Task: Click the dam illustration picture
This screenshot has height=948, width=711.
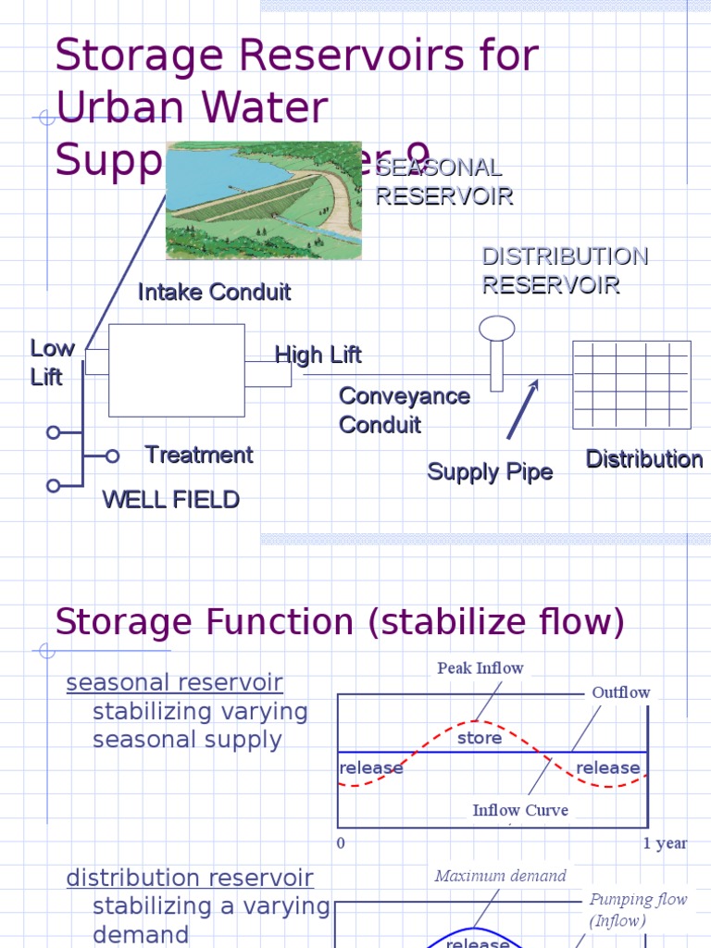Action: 263,200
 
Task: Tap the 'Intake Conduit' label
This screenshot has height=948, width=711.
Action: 214,293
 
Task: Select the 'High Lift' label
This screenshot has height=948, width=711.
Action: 318,355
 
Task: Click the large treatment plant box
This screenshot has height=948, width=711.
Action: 177,370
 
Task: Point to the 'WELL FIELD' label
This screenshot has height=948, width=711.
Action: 170,500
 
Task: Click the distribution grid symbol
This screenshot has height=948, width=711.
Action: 631,384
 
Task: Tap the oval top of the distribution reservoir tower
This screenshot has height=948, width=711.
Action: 497,328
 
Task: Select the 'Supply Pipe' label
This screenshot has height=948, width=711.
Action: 490,472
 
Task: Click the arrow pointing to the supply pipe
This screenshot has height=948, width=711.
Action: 522,409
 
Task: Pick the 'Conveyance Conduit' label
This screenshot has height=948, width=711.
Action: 405,410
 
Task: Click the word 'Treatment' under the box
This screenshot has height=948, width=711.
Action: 199,455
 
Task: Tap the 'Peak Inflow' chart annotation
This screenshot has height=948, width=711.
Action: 480,667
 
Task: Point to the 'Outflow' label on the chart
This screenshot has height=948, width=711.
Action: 621,692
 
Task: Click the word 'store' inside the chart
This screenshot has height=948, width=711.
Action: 480,738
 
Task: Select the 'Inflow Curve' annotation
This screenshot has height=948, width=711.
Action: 520,810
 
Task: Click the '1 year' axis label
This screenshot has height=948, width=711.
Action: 666,843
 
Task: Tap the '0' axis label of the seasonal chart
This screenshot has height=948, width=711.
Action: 341,843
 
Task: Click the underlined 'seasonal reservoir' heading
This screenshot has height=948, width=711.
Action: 175,683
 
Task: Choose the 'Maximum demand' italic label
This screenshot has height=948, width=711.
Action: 500,876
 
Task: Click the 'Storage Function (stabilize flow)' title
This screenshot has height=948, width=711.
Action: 340,621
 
